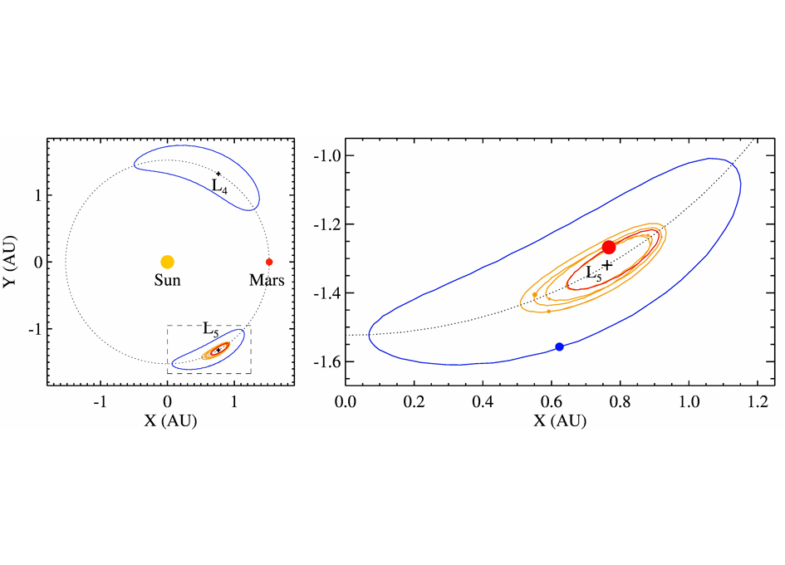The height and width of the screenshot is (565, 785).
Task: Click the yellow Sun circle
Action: click(167, 262)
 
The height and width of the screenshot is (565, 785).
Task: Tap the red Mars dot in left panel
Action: click(268, 262)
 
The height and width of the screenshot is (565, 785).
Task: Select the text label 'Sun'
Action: click(167, 281)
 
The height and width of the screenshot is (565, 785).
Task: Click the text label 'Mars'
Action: click(267, 281)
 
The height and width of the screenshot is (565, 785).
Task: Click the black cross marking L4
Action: click(218, 174)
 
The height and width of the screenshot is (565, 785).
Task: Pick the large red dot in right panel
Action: click(609, 247)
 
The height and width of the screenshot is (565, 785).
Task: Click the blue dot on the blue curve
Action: click(559, 346)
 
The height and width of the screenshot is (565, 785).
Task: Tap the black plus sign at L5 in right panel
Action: click(607, 265)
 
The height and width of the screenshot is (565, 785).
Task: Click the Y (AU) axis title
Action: click(14, 262)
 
